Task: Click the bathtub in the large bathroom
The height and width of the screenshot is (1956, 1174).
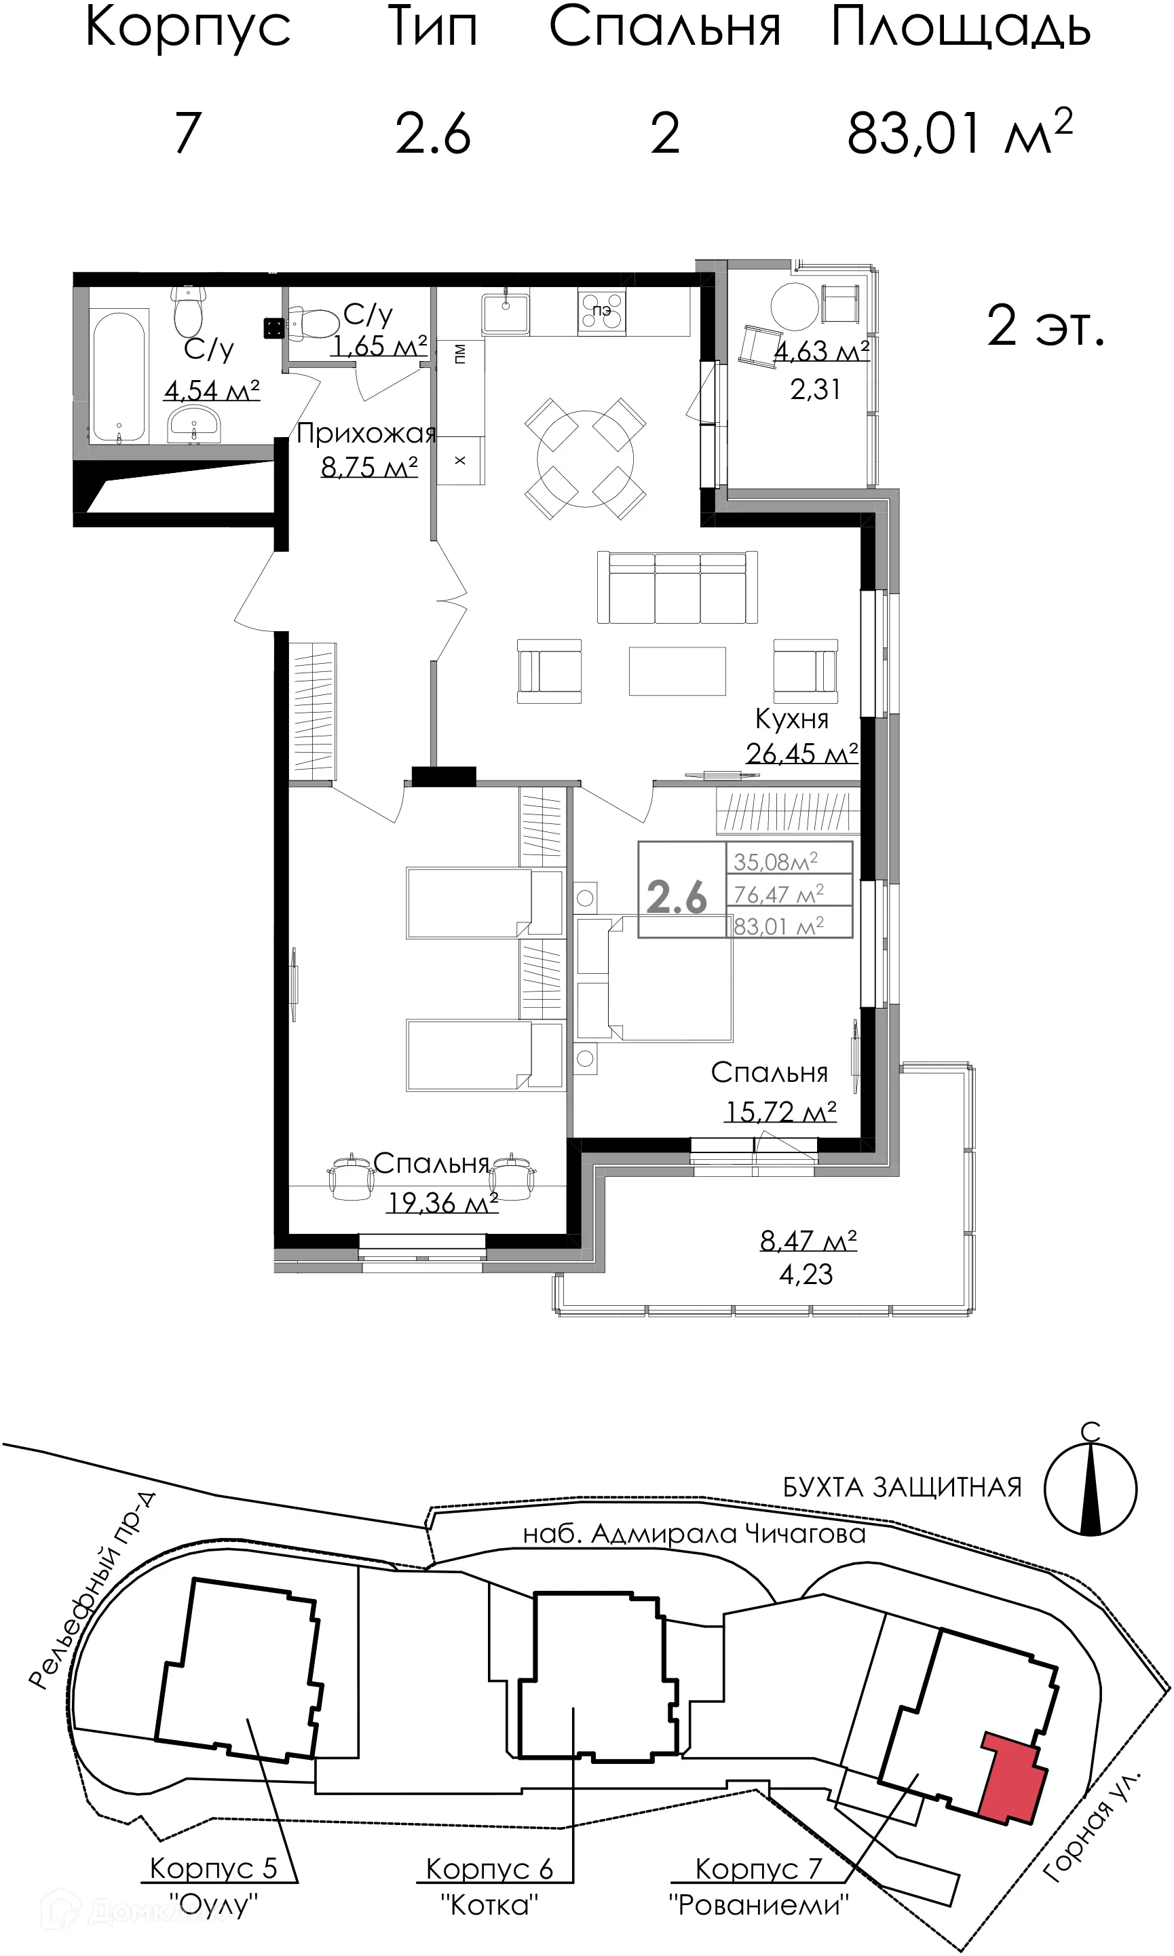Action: (x=119, y=376)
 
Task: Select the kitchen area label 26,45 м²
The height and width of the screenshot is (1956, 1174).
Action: (x=801, y=753)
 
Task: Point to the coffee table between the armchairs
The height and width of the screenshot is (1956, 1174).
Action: (x=677, y=671)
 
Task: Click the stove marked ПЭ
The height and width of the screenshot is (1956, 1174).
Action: (x=601, y=311)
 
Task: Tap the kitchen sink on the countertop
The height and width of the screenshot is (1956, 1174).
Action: (x=506, y=312)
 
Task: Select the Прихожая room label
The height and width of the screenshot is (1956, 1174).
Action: (x=366, y=434)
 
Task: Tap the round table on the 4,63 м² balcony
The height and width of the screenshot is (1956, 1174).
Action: (x=794, y=307)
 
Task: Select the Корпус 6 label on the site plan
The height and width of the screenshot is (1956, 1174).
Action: (x=489, y=1868)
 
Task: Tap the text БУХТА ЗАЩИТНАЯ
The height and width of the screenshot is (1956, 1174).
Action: (x=902, y=1488)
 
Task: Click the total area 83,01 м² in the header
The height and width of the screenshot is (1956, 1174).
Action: (x=960, y=133)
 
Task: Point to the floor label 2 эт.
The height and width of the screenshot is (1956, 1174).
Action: (x=1044, y=326)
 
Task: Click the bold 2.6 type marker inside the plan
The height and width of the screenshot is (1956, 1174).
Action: (x=677, y=897)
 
